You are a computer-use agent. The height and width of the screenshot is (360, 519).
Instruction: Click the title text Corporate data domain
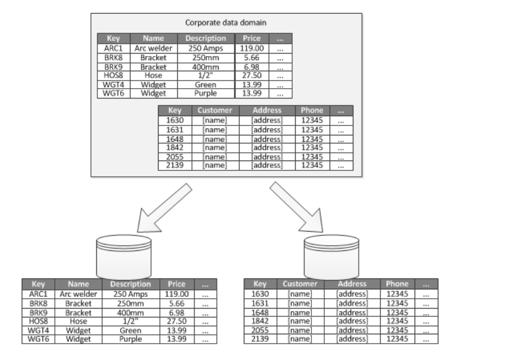pos(226,23)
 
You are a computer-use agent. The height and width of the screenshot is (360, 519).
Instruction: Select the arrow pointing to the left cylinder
pos(164,208)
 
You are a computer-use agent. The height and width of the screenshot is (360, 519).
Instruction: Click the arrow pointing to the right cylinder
pos(296,207)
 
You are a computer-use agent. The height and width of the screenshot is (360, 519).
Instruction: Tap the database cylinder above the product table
pos(124,257)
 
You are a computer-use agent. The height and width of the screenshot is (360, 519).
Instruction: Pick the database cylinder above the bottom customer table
pos(331,257)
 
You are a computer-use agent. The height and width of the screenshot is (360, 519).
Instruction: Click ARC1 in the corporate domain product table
pos(113,48)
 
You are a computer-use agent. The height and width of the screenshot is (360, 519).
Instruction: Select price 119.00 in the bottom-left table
pos(177,294)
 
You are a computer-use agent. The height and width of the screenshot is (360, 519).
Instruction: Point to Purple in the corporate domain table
pos(205,93)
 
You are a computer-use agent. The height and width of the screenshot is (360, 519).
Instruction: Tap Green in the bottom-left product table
pos(131,330)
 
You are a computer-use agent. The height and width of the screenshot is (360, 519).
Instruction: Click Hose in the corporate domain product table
pos(153,75)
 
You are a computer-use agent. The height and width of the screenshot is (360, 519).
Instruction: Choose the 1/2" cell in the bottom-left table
pos(131,321)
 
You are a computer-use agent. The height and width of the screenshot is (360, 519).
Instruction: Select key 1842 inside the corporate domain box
pos(175,148)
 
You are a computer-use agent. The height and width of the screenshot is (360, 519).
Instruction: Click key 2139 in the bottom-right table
pos(260,339)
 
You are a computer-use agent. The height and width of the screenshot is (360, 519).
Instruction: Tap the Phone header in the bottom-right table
pos(397,284)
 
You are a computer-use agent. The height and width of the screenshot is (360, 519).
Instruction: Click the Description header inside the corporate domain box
pos(205,39)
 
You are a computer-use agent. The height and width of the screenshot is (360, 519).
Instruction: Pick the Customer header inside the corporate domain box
pos(215,110)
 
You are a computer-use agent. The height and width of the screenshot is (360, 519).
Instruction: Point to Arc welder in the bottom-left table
pos(79,294)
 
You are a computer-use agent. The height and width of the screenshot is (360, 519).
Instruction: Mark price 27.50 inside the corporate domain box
pos(251,75)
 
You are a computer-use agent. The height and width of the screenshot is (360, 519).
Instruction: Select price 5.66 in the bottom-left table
pos(177,303)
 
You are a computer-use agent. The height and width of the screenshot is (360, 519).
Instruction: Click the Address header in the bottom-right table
pos(352,284)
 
